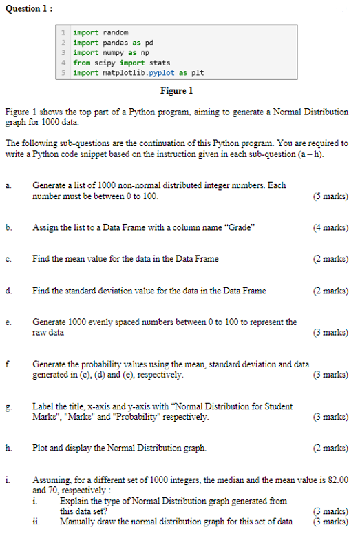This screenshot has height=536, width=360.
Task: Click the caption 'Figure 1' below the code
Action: pyautogui.click(x=176, y=91)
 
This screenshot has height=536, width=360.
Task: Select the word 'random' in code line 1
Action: pyautogui.click(x=116, y=32)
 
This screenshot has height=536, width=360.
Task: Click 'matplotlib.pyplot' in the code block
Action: pyautogui.click(x=138, y=72)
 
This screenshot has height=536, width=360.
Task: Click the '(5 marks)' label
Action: pyautogui.click(x=330, y=196)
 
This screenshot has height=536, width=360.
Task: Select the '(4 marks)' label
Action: pyautogui.click(x=330, y=228)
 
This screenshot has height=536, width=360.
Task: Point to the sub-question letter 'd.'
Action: pyautogui.click(x=8, y=291)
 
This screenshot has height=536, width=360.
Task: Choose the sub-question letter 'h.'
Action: pyautogui.click(x=8, y=449)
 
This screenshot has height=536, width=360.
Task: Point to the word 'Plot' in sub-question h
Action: pyautogui.click(x=40, y=449)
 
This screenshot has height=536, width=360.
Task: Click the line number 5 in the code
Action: pyautogui.click(x=63, y=72)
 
